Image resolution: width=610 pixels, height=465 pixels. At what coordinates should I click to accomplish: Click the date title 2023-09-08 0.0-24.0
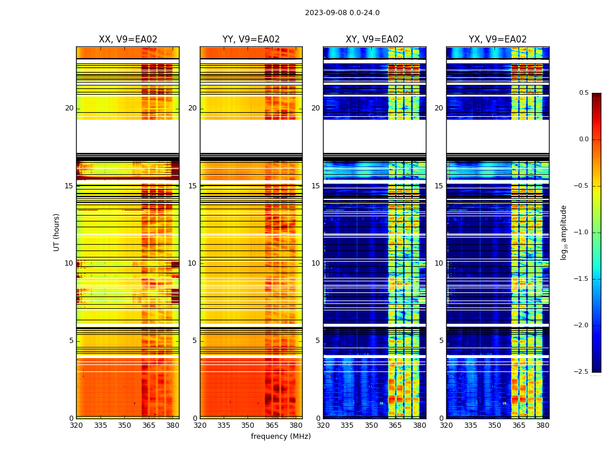pyautogui.click(x=342, y=13)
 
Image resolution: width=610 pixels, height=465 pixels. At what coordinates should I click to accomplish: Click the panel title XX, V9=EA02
pyautogui.click(x=128, y=40)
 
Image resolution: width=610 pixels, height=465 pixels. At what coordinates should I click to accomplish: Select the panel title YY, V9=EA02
pyautogui.click(x=251, y=40)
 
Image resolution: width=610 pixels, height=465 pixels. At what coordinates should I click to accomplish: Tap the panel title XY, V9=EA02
pyautogui.click(x=375, y=40)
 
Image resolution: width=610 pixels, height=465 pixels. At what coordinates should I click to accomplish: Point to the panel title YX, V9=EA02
pyautogui.click(x=498, y=40)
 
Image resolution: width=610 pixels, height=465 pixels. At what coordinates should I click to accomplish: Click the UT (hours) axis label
pyautogui.click(x=57, y=232)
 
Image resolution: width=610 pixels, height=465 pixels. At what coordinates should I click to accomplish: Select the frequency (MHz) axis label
pyautogui.click(x=281, y=437)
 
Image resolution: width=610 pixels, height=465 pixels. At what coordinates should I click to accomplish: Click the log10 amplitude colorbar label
pyautogui.click(x=564, y=233)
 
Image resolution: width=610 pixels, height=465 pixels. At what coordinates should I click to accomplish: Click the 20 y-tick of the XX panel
pyautogui.click(x=69, y=108)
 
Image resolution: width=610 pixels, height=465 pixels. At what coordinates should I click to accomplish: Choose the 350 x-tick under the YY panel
pyautogui.click(x=248, y=425)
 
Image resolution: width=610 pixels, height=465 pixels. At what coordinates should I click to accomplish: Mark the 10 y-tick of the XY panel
pyautogui.click(x=315, y=263)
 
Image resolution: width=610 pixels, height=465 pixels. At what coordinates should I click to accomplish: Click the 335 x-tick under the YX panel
pyautogui.click(x=471, y=425)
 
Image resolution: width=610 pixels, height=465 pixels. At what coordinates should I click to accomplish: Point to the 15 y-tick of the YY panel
pyautogui.click(x=192, y=186)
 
